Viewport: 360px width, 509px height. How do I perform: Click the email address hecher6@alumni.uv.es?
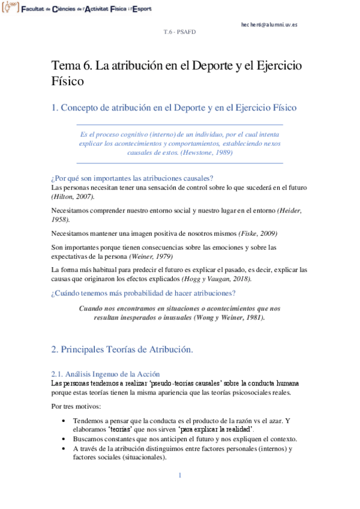tap(269, 25)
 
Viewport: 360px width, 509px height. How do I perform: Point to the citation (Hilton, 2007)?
tap(73, 197)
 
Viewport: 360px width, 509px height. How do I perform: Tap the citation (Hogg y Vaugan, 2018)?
tap(217, 279)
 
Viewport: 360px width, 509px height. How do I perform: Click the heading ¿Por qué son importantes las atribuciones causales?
tap(133, 178)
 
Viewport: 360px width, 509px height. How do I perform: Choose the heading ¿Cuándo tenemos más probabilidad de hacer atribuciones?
tap(143, 294)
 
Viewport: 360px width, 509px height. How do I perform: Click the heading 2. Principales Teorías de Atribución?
tap(122, 349)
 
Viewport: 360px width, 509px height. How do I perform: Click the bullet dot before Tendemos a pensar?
tap(65, 421)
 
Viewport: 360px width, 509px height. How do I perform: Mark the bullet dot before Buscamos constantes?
tap(65, 439)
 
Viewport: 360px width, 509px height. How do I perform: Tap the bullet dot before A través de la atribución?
tap(65, 448)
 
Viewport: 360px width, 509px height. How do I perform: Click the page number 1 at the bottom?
tap(179, 476)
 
